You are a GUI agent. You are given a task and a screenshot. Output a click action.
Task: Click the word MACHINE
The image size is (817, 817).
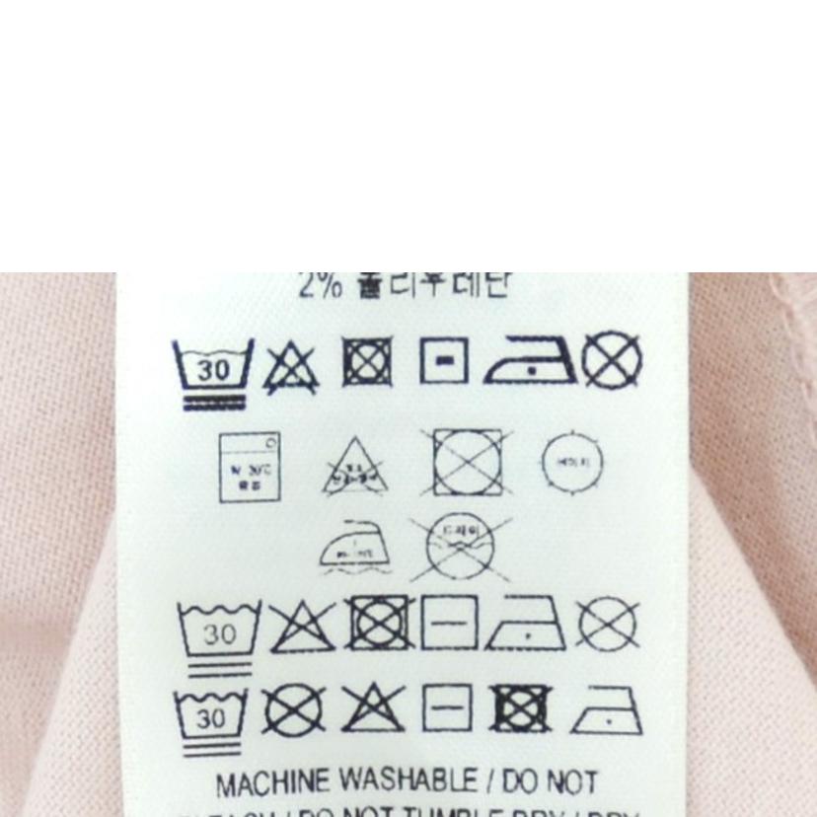272,785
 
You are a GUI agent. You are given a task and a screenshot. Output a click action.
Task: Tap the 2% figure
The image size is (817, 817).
321,285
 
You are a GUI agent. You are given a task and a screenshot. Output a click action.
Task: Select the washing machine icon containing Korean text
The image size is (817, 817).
249,467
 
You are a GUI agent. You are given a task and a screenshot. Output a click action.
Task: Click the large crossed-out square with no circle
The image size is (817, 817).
467,462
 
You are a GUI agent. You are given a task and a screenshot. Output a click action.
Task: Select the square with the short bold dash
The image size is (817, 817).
443,363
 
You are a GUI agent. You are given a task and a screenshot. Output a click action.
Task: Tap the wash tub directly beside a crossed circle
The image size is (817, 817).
212,719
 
